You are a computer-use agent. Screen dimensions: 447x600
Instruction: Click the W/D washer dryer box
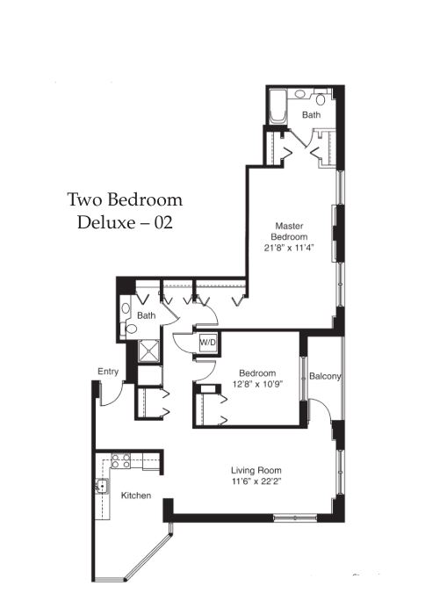(x=207, y=343)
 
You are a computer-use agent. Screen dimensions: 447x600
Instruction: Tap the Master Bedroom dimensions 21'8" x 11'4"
(x=289, y=248)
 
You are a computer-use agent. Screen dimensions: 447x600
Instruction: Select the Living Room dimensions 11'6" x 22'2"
(x=256, y=481)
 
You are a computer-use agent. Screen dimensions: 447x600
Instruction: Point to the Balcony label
(x=325, y=376)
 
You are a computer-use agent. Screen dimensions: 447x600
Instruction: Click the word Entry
(x=108, y=372)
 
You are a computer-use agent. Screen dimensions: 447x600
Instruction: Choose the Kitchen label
(x=136, y=495)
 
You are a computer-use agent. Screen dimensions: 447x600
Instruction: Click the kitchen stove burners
(x=120, y=460)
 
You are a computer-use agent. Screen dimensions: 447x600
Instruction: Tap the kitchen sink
(x=102, y=487)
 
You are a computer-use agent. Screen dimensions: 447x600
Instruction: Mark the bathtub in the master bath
(x=278, y=106)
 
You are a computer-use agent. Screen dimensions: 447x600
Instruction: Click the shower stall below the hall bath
(x=148, y=351)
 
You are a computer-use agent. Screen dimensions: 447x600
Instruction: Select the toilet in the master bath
(x=320, y=98)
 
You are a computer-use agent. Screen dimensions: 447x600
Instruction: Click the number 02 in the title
(x=163, y=223)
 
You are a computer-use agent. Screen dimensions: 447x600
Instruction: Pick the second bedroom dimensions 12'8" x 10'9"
(x=257, y=384)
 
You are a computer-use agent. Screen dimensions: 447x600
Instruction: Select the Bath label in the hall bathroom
(x=146, y=315)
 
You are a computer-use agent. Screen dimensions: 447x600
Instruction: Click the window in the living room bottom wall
(x=295, y=518)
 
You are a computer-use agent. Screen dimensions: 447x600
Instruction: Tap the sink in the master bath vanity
(x=300, y=93)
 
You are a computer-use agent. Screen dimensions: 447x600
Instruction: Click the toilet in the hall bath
(x=131, y=329)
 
